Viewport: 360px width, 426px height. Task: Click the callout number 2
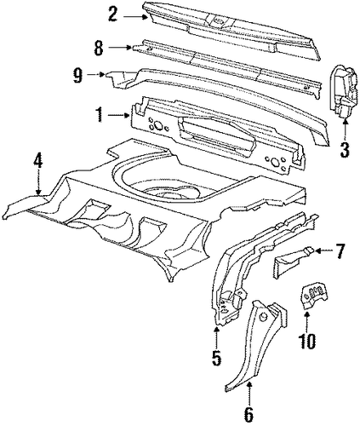click(112, 15)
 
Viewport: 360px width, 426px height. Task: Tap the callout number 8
click(99, 48)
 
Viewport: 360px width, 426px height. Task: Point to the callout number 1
click(99, 115)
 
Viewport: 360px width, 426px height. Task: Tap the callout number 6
click(249, 417)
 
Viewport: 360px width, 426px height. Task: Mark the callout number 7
click(340, 251)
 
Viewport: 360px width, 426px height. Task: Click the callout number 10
click(307, 341)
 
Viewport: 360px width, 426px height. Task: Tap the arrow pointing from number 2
click(135, 16)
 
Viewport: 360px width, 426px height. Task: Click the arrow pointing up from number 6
click(249, 395)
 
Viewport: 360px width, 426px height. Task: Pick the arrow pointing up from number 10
click(307, 322)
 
